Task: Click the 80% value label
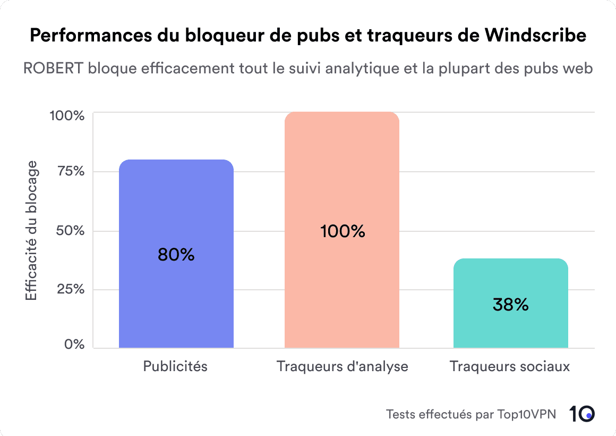tap(176, 255)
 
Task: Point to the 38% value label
tap(510, 305)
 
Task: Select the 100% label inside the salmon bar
tap(343, 231)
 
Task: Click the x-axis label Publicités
tap(175, 366)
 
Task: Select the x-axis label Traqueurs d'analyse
tap(342, 366)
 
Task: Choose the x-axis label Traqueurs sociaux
tap(510, 366)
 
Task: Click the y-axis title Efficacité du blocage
tap(32, 230)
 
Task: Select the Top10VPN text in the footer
tap(527, 414)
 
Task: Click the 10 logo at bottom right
tap(582, 414)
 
